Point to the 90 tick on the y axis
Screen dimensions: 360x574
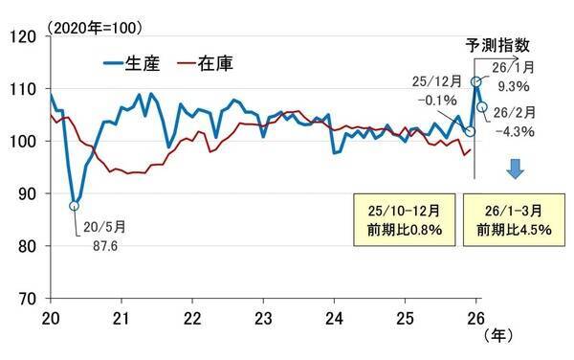[x=27, y=193]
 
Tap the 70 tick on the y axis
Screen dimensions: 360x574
[x=27, y=299]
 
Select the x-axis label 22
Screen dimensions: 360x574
[x=191, y=317]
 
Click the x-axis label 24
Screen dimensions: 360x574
[x=335, y=317]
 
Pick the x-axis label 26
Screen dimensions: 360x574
[x=475, y=317]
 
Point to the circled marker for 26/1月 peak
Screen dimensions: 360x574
[x=475, y=83]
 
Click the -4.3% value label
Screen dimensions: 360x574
[x=516, y=131]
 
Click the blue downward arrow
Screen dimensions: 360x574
[x=515, y=169]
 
